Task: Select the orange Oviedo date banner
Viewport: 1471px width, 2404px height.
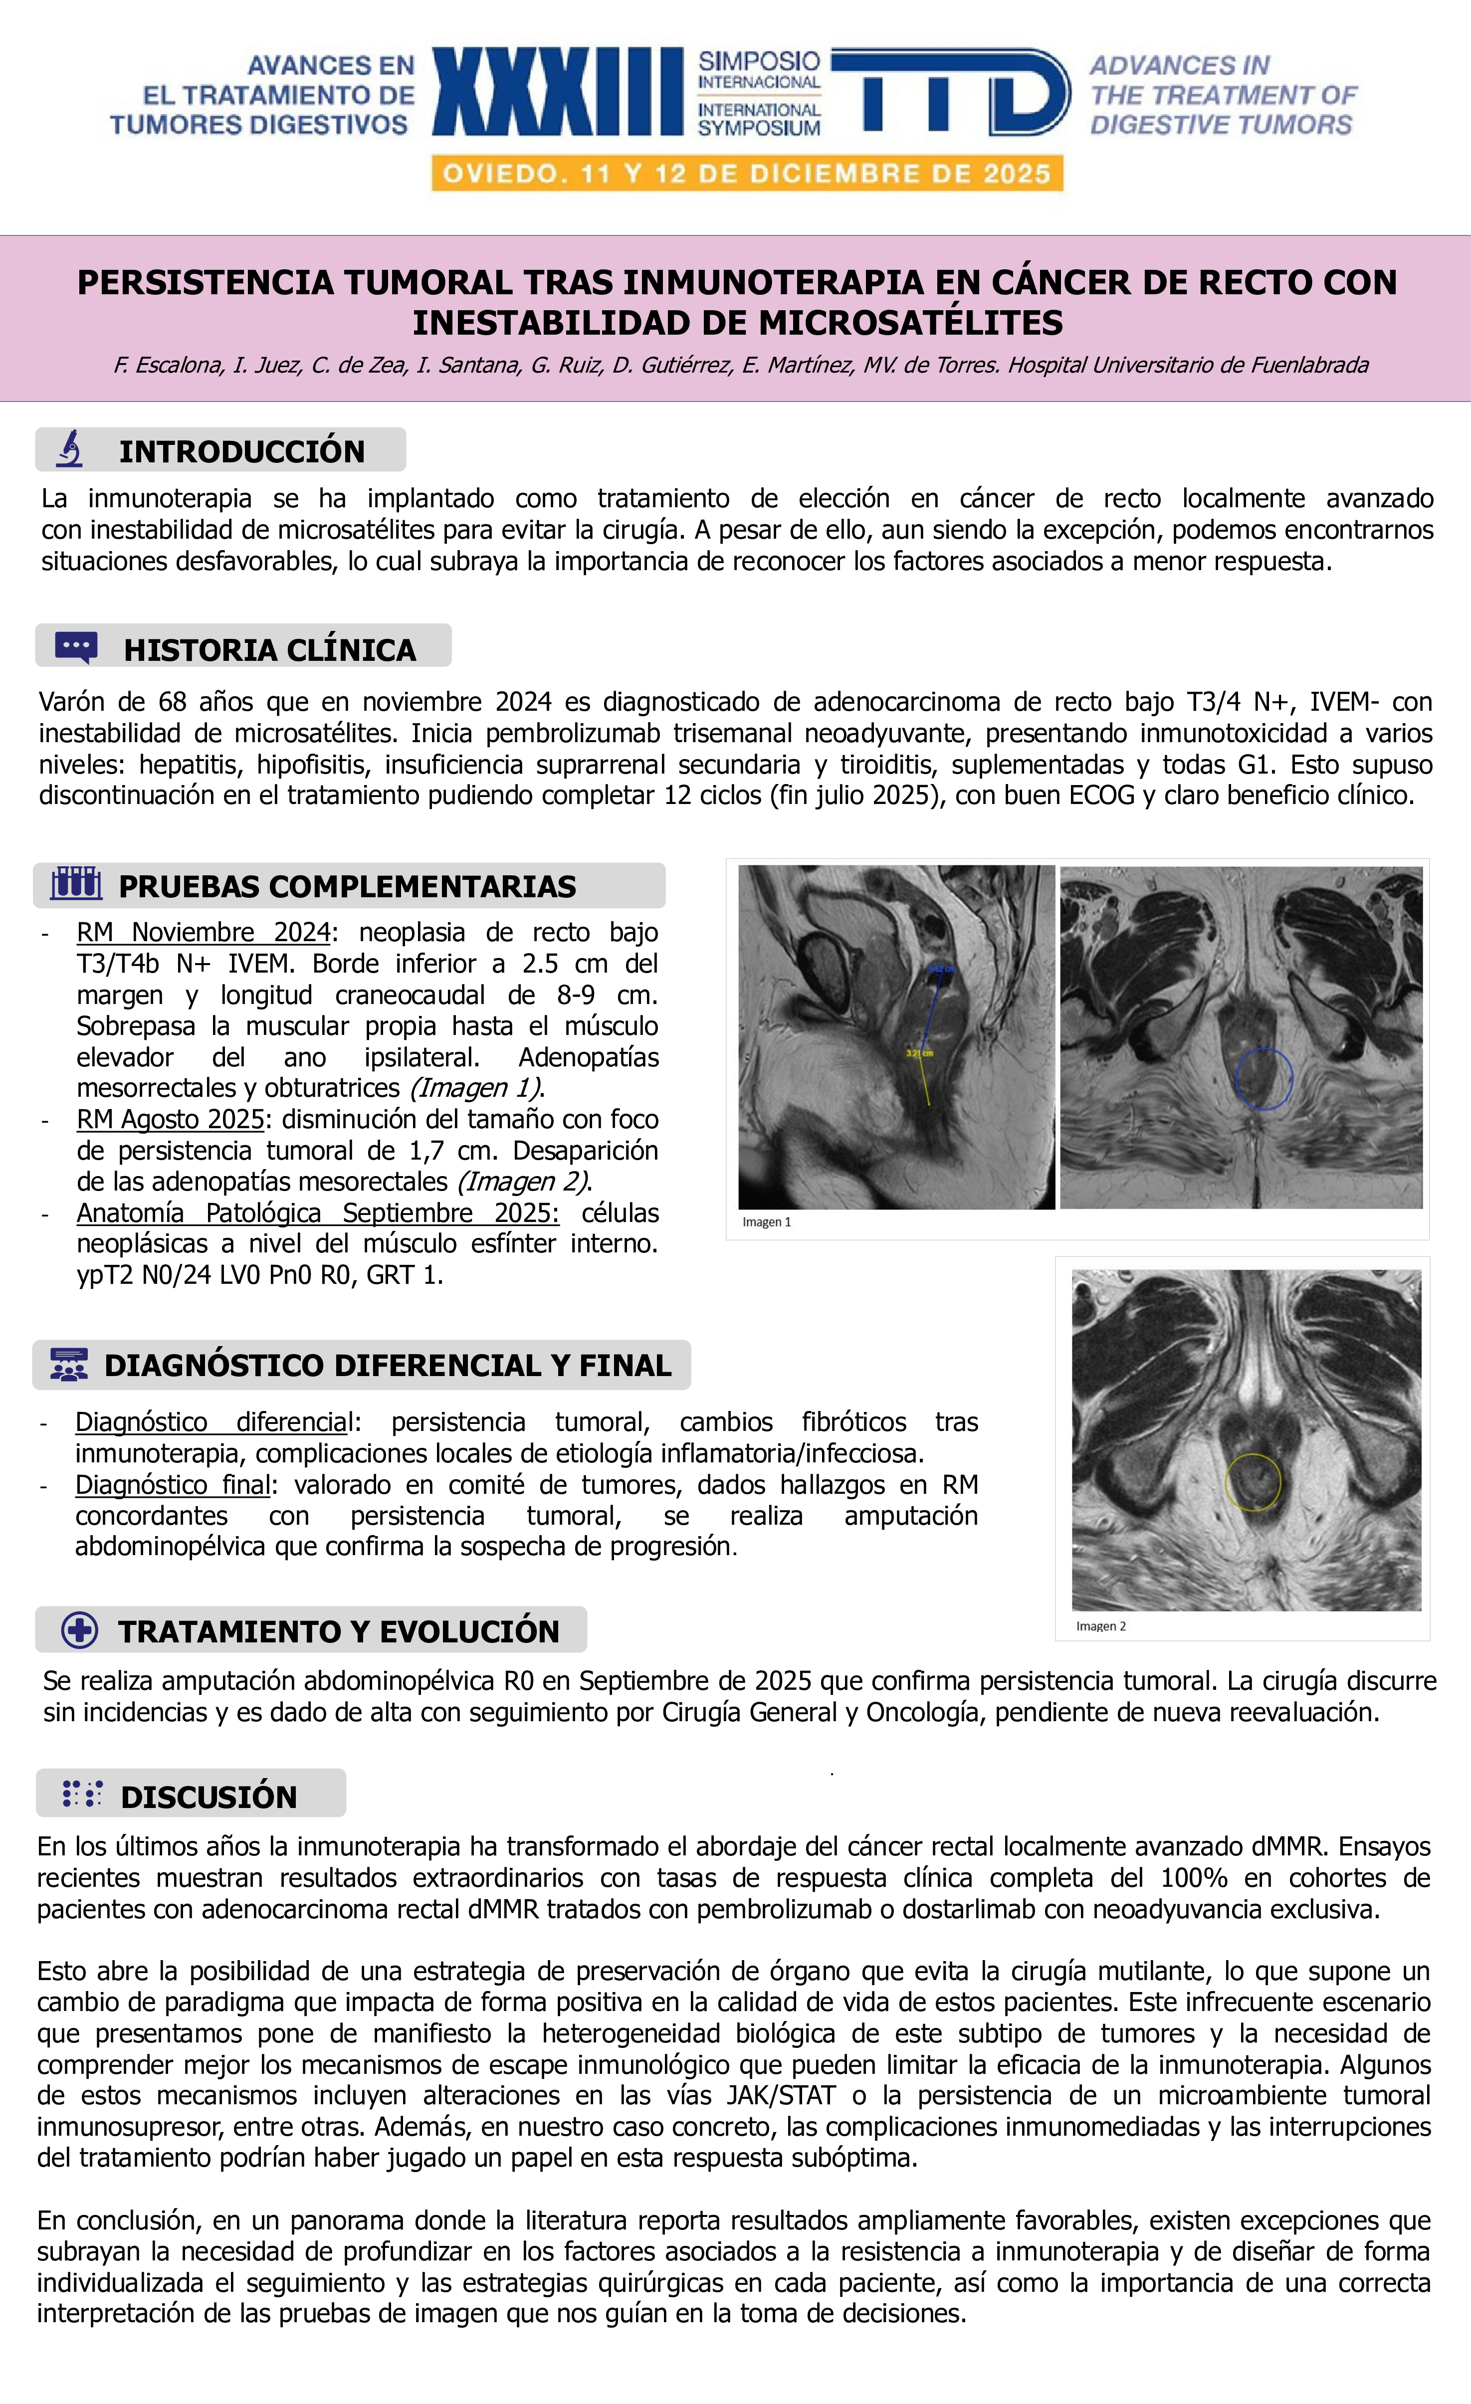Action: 747,174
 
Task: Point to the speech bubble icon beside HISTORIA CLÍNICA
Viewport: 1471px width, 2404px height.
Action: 76,647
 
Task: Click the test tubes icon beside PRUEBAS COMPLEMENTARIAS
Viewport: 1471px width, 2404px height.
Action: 76,884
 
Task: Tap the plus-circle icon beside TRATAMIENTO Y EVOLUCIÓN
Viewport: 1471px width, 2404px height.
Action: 79,1630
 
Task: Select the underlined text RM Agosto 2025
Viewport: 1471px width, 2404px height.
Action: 171,1119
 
